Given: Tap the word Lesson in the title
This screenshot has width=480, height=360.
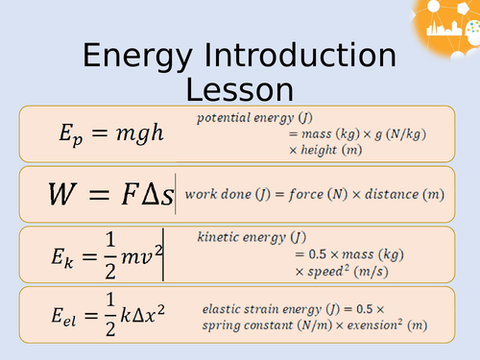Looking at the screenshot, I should (x=239, y=91).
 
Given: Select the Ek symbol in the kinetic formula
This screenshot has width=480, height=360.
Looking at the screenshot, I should (x=72, y=254).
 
